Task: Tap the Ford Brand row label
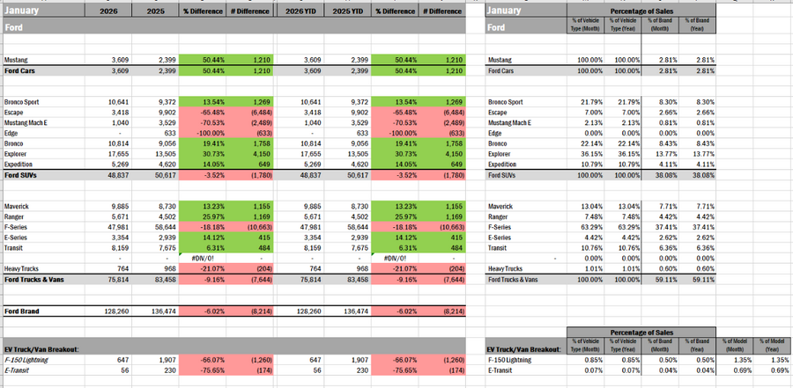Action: click(27, 311)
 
